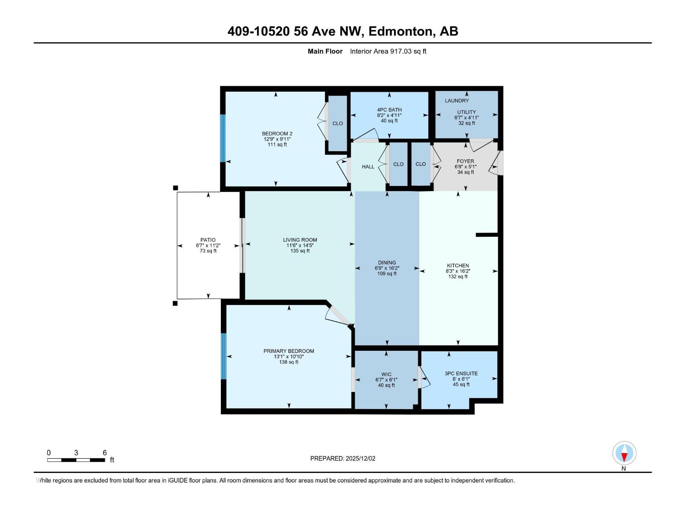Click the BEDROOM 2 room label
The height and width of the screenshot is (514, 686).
point(277,134)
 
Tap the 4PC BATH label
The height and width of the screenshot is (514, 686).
point(389,110)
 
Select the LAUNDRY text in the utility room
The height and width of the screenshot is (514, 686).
point(457,101)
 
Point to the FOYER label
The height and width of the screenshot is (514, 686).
point(465,161)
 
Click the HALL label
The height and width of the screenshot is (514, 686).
point(368,167)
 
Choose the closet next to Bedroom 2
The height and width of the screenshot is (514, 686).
point(337,123)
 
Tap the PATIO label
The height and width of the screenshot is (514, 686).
point(208,240)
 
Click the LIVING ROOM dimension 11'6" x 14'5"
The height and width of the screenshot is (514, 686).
point(300,245)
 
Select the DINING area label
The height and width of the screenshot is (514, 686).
point(387,263)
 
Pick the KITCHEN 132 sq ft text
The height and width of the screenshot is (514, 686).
point(457,277)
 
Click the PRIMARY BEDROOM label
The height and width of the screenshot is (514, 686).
point(289,351)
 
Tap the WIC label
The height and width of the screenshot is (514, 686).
point(386,374)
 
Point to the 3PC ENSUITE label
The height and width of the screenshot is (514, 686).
point(461,374)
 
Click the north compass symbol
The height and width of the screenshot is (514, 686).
point(624,453)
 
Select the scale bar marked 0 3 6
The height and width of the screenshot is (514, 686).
point(76,460)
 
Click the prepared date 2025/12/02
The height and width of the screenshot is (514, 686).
point(360,458)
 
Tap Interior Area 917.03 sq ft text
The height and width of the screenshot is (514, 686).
point(388,51)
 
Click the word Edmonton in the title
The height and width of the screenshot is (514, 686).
point(400,31)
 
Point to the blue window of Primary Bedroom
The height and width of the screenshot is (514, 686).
point(223,356)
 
